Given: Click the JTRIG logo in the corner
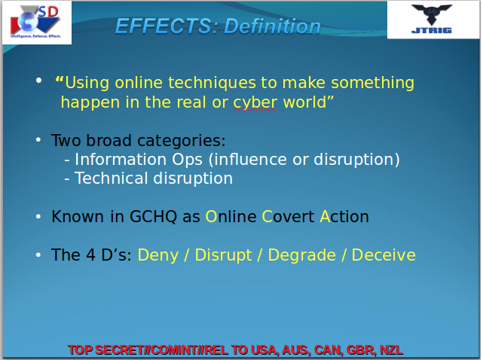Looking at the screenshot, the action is click(432, 19).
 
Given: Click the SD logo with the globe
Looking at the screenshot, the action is click(36, 22).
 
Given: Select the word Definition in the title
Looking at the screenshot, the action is click(272, 26).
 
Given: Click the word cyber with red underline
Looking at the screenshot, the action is click(255, 103).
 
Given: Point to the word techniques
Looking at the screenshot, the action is click(212, 83).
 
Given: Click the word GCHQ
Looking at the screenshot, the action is click(153, 216).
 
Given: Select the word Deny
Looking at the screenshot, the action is click(158, 255).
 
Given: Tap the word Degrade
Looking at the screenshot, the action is click(301, 255).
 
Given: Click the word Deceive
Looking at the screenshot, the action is click(384, 255).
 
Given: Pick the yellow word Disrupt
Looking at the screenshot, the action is click(223, 255).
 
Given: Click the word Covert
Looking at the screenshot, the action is click(288, 216).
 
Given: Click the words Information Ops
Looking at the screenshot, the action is click(139, 160).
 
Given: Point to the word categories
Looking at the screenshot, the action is click(181, 141).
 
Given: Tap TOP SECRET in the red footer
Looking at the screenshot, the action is click(106, 350).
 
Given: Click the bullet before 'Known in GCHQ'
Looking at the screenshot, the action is click(38, 216).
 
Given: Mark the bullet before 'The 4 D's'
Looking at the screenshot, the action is click(38, 255).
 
